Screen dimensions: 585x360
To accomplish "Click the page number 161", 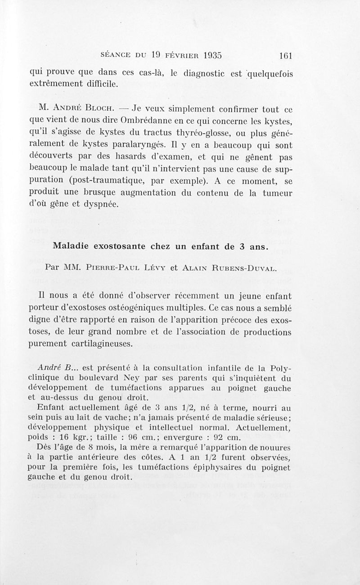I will pyautogui.click(x=286, y=56).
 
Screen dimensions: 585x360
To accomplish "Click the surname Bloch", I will pyautogui.click(x=99, y=109).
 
